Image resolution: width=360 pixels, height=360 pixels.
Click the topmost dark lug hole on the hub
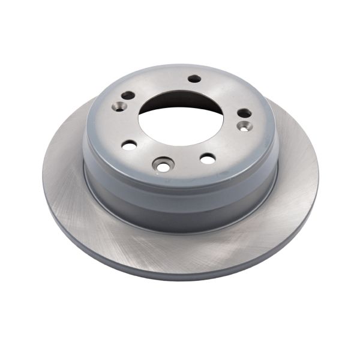194,79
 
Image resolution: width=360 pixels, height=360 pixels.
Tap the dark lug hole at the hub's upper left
128,95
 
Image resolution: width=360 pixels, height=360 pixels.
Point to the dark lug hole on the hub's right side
244,113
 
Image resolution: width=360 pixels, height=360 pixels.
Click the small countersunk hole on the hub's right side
243,126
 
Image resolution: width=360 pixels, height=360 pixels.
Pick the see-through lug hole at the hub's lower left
129,145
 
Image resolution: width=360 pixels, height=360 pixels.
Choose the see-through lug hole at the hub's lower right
208,158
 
